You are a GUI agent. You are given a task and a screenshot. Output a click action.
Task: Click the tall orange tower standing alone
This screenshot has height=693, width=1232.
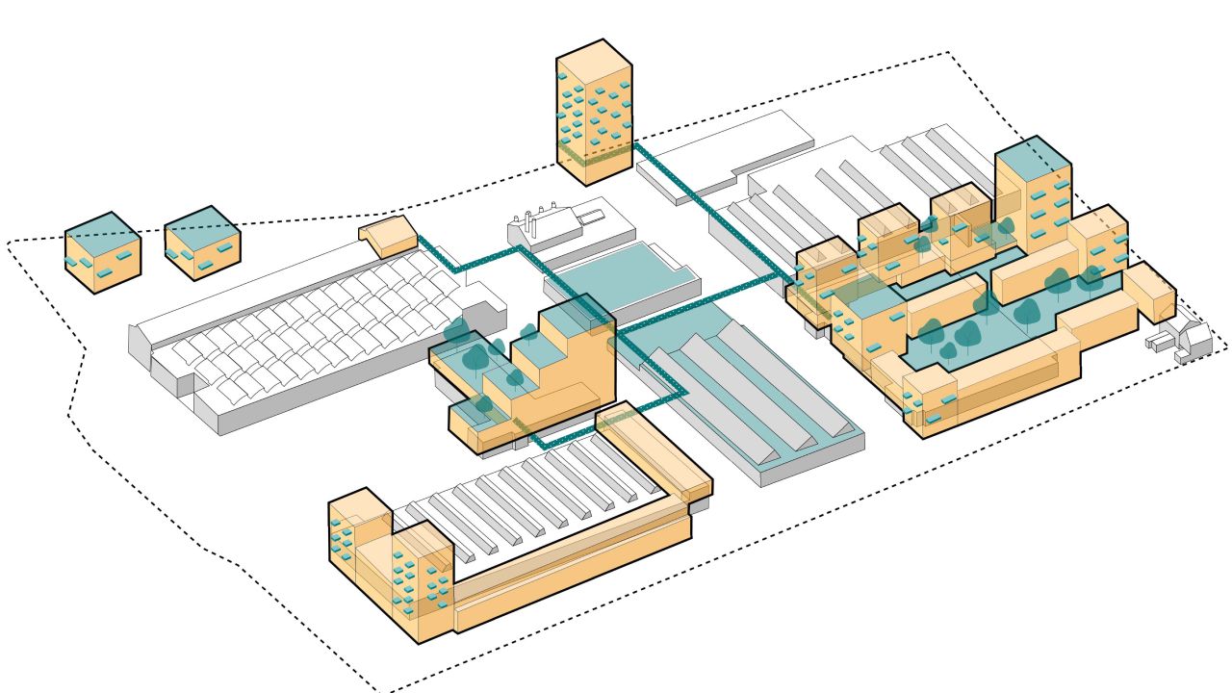tap(595, 111)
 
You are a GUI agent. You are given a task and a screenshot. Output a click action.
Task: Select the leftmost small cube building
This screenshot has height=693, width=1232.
tap(102, 252)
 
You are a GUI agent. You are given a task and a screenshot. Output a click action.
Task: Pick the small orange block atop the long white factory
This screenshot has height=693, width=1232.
tap(389, 238)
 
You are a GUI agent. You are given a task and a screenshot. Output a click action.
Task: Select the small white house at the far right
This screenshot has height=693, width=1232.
tap(1182, 340)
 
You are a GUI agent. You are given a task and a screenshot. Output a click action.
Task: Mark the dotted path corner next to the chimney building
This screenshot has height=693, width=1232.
tap(521, 249)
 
